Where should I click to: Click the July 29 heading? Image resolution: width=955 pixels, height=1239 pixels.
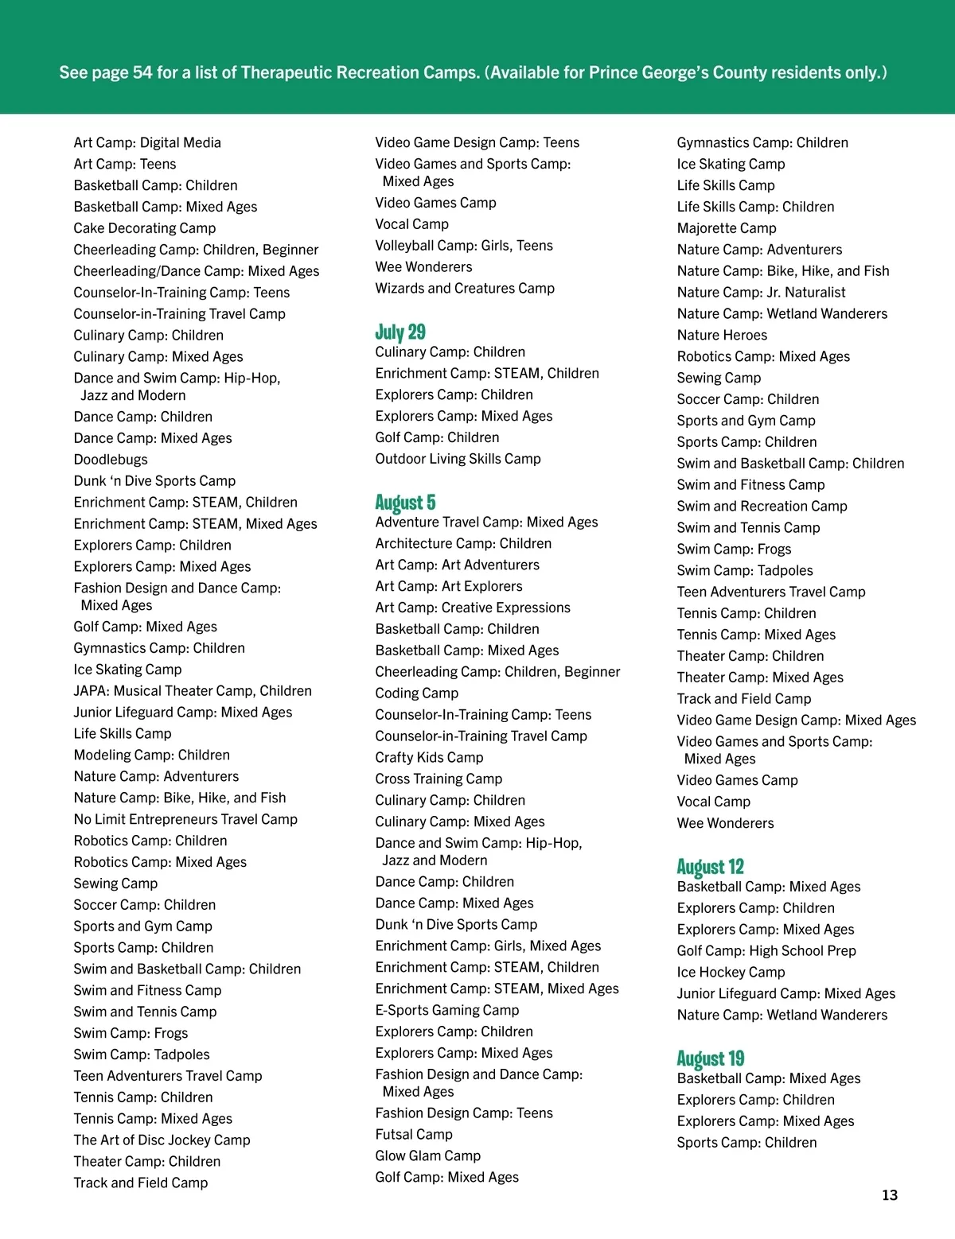[400, 332]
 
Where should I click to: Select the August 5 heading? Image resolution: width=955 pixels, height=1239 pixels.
[405, 502]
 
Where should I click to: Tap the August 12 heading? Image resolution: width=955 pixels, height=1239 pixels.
[710, 866]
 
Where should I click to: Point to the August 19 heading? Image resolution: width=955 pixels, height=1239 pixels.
[710, 1058]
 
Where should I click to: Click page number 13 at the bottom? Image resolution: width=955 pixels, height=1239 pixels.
[890, 1195]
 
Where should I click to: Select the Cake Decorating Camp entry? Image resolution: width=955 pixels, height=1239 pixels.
[145, 228]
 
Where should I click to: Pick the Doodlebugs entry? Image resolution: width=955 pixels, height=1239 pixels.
[111, 460]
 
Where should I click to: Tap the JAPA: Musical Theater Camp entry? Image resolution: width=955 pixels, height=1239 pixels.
[193, 691]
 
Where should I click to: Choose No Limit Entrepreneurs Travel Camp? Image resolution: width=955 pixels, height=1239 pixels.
[185, 819]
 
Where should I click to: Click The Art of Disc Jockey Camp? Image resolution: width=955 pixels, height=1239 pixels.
[162, 1140]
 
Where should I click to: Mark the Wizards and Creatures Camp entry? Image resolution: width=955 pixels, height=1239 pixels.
[465, 288]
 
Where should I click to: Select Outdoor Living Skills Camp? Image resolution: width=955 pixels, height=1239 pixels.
[458, 459]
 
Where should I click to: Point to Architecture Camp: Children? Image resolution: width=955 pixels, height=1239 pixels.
[463, 543]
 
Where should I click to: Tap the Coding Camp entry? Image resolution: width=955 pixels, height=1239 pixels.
[417, 693]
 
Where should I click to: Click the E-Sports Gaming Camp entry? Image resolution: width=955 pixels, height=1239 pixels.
[447, 1010]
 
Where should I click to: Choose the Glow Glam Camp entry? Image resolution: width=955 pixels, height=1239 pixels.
[428, 1155]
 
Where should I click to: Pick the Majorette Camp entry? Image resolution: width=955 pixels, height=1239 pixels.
[727, 228]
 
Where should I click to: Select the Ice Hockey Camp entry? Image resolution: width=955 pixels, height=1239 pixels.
[731, 972]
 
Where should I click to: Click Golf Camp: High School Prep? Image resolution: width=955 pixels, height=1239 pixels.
[766, 950]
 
